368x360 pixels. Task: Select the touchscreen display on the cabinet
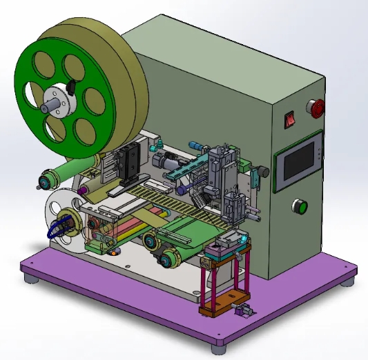[298, 161]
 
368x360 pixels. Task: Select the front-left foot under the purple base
[30, 279]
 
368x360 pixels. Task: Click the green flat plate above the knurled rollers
[186, 230]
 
